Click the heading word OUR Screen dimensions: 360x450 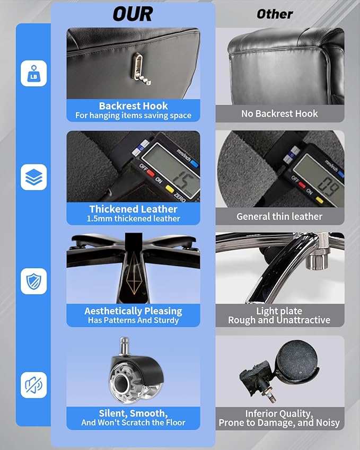(x=133, y=14)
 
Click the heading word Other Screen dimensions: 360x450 (x=275, y=14)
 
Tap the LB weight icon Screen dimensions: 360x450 (x=33, y=73)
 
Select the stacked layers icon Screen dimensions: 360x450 (x=33, y=177)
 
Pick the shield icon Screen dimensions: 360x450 (x=33, y=281)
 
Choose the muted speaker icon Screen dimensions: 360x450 (x=33, y=385)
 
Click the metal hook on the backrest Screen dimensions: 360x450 (x=141, y=69)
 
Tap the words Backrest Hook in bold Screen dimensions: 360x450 (x=133, y=106)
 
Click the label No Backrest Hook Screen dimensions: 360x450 (x=279, y=113)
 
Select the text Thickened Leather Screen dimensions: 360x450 (x=133, y=209)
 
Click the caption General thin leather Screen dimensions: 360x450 (x=279, y=216)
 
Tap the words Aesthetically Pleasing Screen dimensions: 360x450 (x=133, y=311)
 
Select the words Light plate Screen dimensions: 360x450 (x=279, y=311)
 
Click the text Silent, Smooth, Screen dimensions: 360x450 (x=133, y=413)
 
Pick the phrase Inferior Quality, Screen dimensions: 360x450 (x=279, y=413)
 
